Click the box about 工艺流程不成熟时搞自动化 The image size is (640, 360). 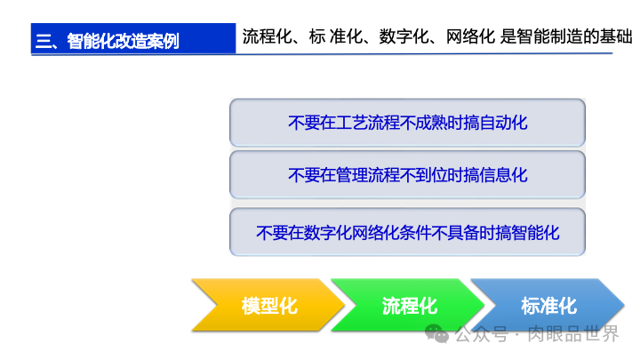click(x=407, y=123)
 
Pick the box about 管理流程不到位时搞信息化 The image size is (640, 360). click(x=407, y=175)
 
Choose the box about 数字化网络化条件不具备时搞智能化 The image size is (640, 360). click(x=407, y=233)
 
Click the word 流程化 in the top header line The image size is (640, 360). click(x=265, y=37)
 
